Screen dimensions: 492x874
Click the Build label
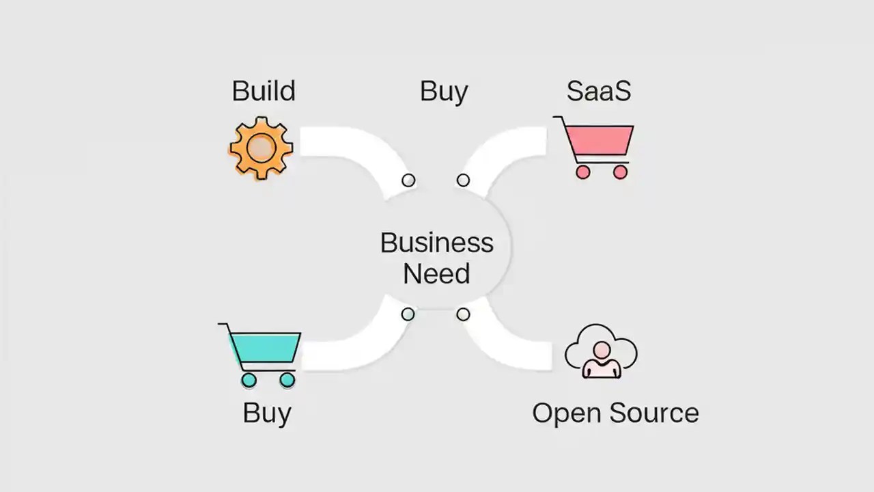coord(264,91)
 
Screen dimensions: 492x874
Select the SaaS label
coord(598,91)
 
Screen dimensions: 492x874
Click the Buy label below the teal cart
coord(267,413)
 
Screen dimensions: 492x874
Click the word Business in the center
coord(436,243)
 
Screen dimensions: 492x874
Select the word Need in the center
coord(436,274)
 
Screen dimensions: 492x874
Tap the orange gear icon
coord(261,148)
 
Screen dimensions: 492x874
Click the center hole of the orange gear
coord(261,148)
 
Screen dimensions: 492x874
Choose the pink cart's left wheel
coord(582,172)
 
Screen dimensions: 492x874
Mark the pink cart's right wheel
coord(620,172)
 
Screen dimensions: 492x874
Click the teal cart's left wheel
coord(249,379)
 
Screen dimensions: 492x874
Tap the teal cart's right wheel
coord(287,379)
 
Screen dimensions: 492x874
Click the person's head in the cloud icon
coord(602,351)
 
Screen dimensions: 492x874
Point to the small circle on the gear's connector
coord(408,180)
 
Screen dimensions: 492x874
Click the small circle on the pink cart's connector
coord(463,180)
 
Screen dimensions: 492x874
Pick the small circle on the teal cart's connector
coord(408,314)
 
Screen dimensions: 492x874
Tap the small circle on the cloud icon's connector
coord(463,314)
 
